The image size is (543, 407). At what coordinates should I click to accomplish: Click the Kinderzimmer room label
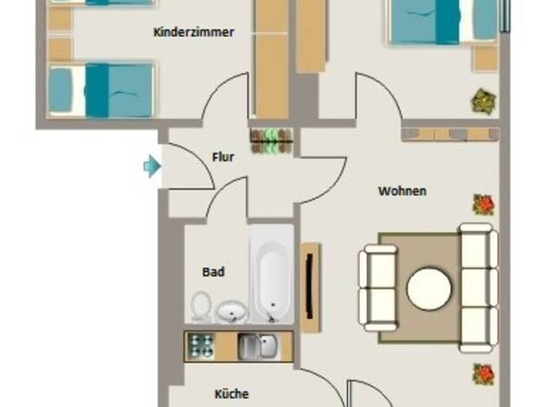coord(194,32)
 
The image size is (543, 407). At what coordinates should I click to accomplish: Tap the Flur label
coord(223,157)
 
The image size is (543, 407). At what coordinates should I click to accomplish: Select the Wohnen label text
coord(402,191)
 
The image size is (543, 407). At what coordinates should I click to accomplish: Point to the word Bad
coord(213,272)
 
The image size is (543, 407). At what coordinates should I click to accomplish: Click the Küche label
coord(232,394)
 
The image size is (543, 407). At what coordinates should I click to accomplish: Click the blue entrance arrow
coord(152,166)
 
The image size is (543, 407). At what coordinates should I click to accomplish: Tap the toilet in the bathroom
coord(200,307)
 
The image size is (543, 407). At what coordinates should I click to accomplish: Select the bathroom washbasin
coord(232,312)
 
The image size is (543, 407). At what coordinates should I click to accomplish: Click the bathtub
coord(272,275)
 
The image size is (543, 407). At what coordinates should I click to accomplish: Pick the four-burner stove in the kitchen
coord(200,346)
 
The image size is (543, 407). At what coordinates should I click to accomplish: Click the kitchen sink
coord(257,346)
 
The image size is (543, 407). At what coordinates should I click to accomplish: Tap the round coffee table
coord(429,288)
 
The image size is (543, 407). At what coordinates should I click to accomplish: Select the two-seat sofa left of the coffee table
coord(378,287)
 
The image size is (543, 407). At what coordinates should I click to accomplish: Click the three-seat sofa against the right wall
coord(479,287)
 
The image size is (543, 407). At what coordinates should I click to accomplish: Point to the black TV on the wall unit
coord(310,286)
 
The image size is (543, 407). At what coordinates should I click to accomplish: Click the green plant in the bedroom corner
coord(484,101)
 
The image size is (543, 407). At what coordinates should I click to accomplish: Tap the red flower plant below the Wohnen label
coord(484,204)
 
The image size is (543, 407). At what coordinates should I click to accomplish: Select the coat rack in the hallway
coord(271,141)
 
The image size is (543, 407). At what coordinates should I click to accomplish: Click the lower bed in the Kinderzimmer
coord(101,90)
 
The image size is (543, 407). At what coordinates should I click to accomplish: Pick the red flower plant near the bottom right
coord(484,374)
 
